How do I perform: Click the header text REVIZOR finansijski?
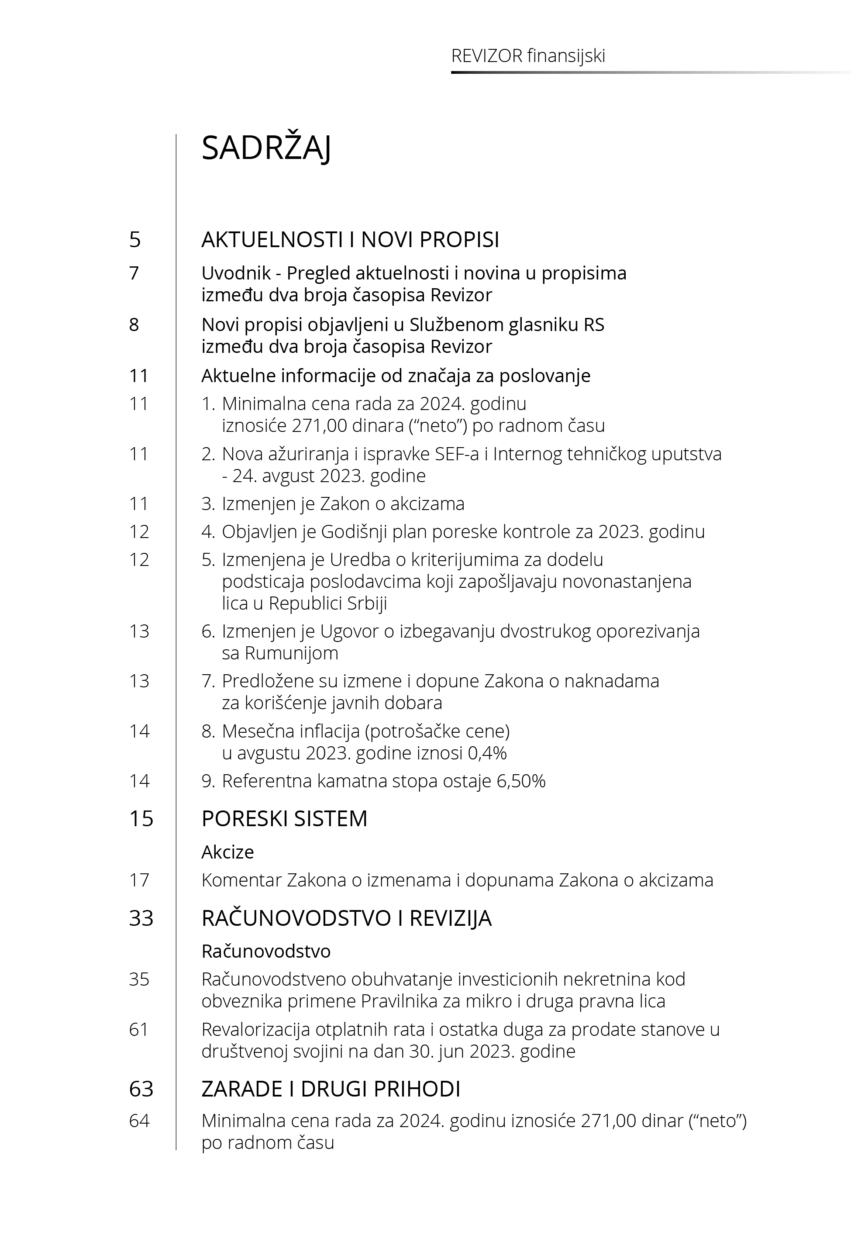click(528, 55)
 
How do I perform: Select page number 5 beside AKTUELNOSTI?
click(135, 239)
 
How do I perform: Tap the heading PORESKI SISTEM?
click(284, 818)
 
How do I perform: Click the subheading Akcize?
click(227, 852)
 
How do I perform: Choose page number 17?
click(139, 880)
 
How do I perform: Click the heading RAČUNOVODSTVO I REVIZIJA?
click(346, 918)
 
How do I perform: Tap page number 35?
click(139, 979)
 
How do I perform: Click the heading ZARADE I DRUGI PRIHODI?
click(331, 1089)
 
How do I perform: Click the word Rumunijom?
click(280, 653)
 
